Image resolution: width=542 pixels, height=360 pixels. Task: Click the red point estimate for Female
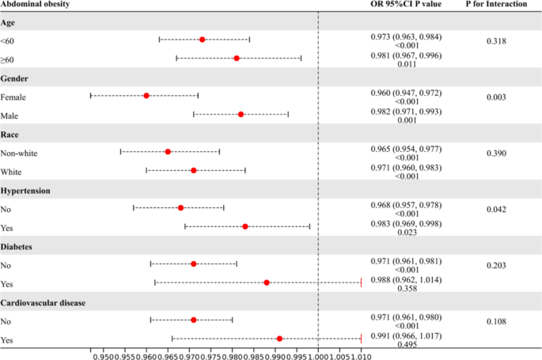[146, 96]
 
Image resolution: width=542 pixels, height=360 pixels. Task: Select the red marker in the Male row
[241, 115]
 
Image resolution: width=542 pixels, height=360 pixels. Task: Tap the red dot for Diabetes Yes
[267, 282]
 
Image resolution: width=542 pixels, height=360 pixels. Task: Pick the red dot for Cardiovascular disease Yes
[279, 339]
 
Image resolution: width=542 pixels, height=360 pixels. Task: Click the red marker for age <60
[202, 40]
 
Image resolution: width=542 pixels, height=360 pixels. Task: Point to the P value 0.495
[407, 347]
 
